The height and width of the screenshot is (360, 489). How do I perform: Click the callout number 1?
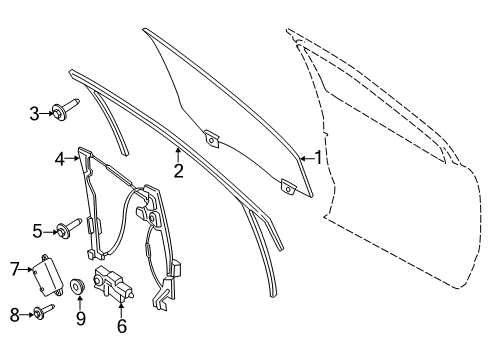click(x=319, y=157)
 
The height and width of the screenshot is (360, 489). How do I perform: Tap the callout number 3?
click(x=33, y=114)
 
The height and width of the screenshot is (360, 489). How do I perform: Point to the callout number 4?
click(x=60, y=157)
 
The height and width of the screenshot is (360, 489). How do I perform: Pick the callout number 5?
click(x=36, y=231)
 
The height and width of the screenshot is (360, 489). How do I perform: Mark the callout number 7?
click(x=15, y=267)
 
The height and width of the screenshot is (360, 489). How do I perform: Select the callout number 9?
click(x=79, y=320)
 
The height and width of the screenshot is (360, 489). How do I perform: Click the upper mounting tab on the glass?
click(x=211, y=138)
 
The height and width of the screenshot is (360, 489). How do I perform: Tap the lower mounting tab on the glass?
click(x=289, y=185)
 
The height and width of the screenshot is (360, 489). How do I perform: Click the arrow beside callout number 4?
click(x=73, y=157)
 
